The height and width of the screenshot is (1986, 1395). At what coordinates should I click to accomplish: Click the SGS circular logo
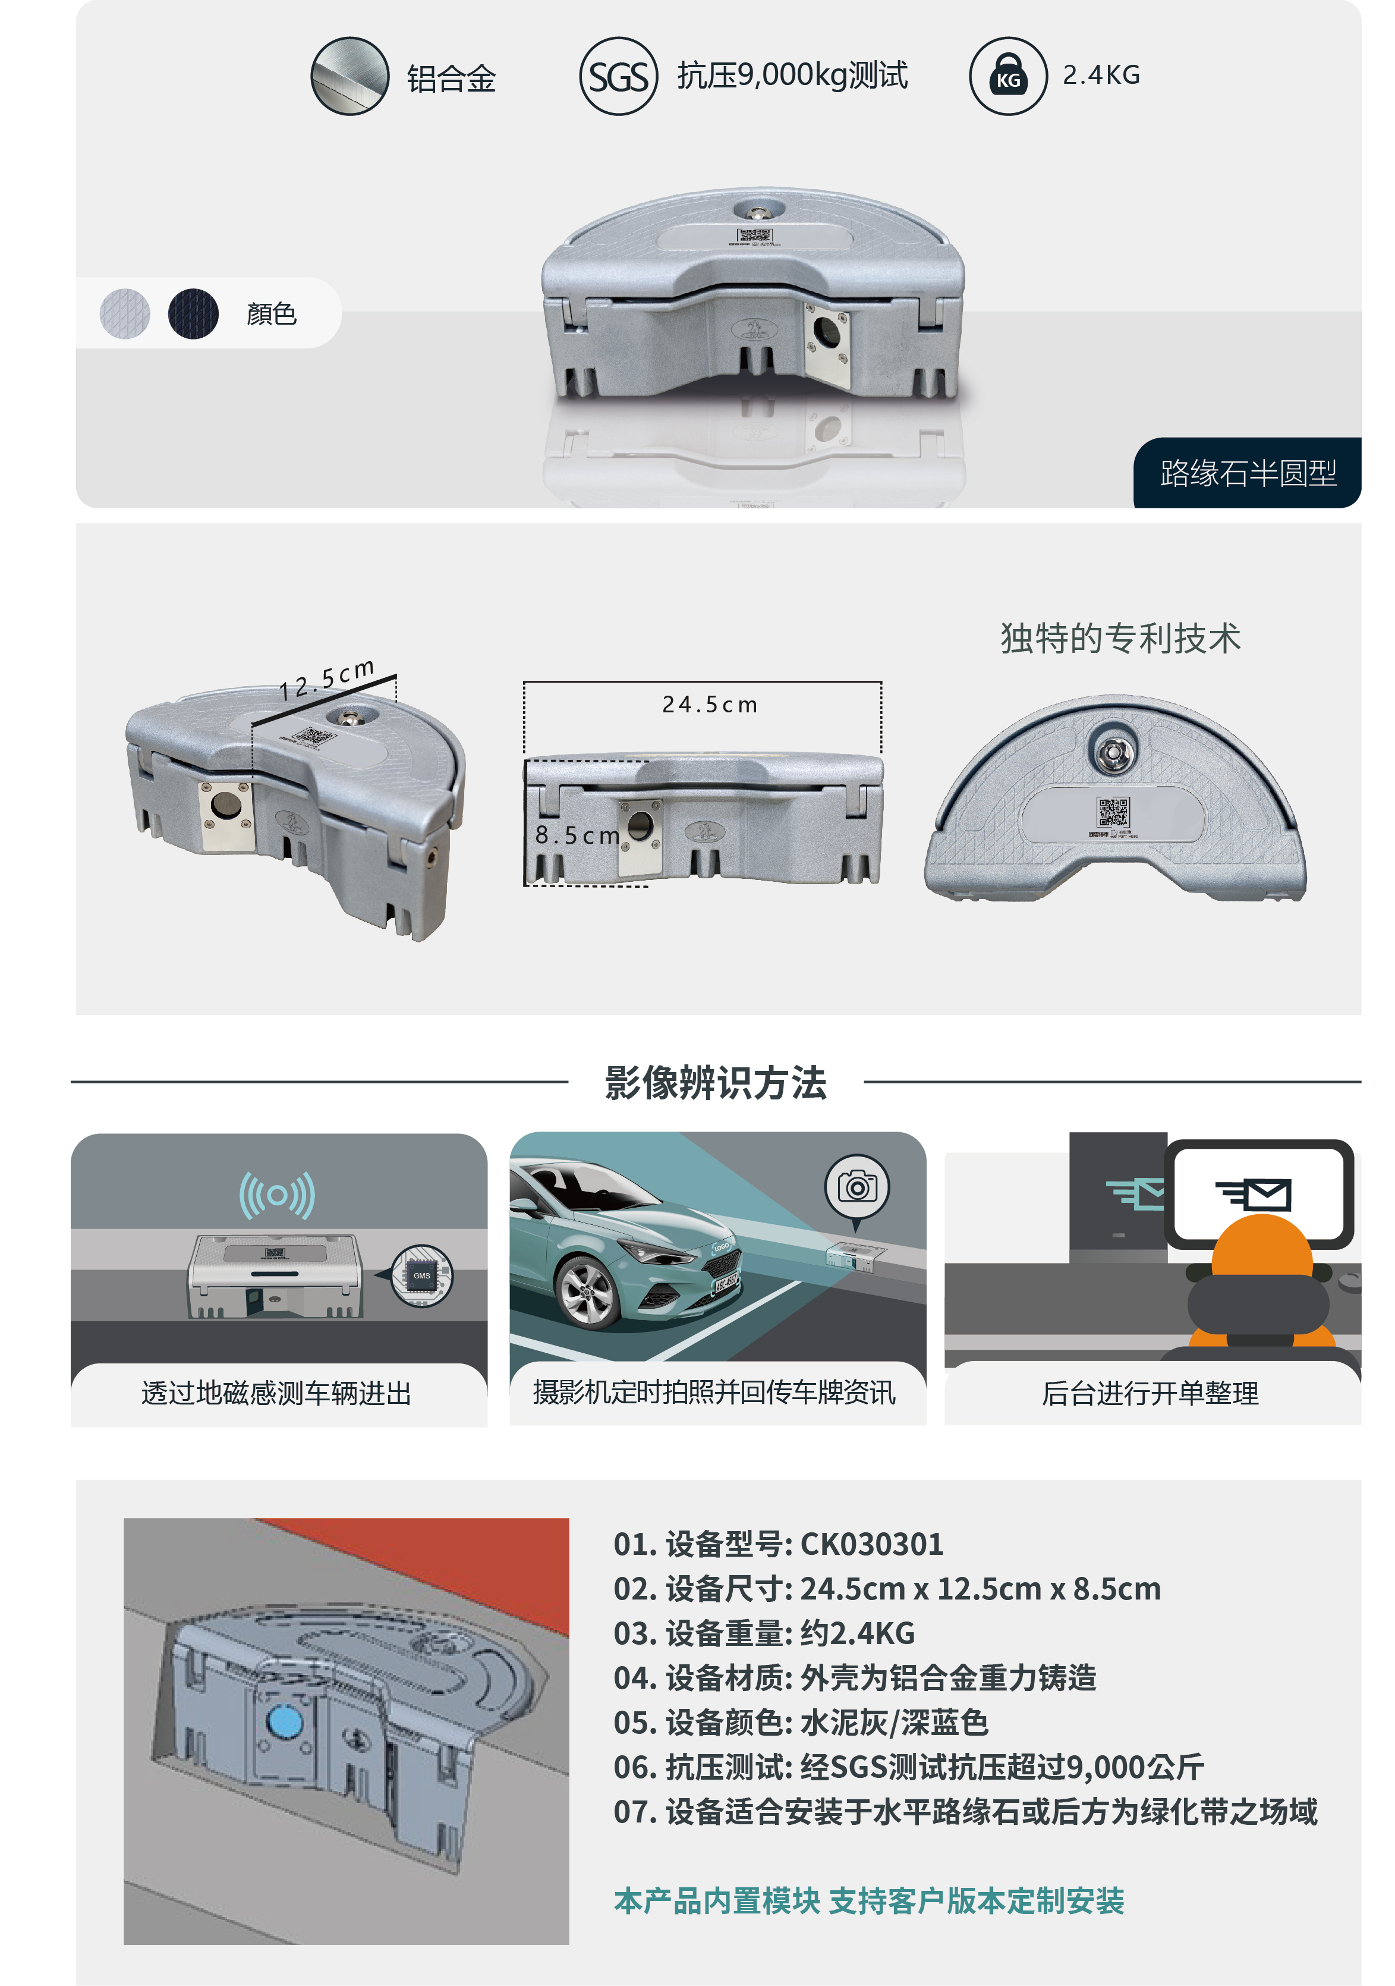coord(618,76)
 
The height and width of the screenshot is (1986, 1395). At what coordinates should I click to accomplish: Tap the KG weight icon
coord(1007,76)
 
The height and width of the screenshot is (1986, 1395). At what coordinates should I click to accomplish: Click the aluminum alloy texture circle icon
coord(349,76)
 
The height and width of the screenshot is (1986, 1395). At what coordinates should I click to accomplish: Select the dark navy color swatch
coord(193,313)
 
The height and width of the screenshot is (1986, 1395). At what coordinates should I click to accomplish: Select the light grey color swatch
coord(125,313)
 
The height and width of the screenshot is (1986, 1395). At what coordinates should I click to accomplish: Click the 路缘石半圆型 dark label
coord(1247,473)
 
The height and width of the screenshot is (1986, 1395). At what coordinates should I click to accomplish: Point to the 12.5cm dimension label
coord(327,679)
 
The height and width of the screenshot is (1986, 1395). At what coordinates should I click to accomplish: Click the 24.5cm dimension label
coord(709,705)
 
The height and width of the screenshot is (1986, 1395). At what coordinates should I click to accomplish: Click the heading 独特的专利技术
coord(1120,639)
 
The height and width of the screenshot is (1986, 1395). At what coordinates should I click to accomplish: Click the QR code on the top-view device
coord(1113,812)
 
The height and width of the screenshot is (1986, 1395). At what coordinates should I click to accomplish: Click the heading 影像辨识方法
coord(715,1082)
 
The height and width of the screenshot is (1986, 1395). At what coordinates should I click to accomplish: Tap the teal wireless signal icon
coord(277,1195)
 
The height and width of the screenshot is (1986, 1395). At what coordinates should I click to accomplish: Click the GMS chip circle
coord(421,1275)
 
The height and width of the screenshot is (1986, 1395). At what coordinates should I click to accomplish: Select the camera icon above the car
coord(856,1187)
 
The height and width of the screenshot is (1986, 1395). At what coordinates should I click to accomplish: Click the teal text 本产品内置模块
coord(717,1900)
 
